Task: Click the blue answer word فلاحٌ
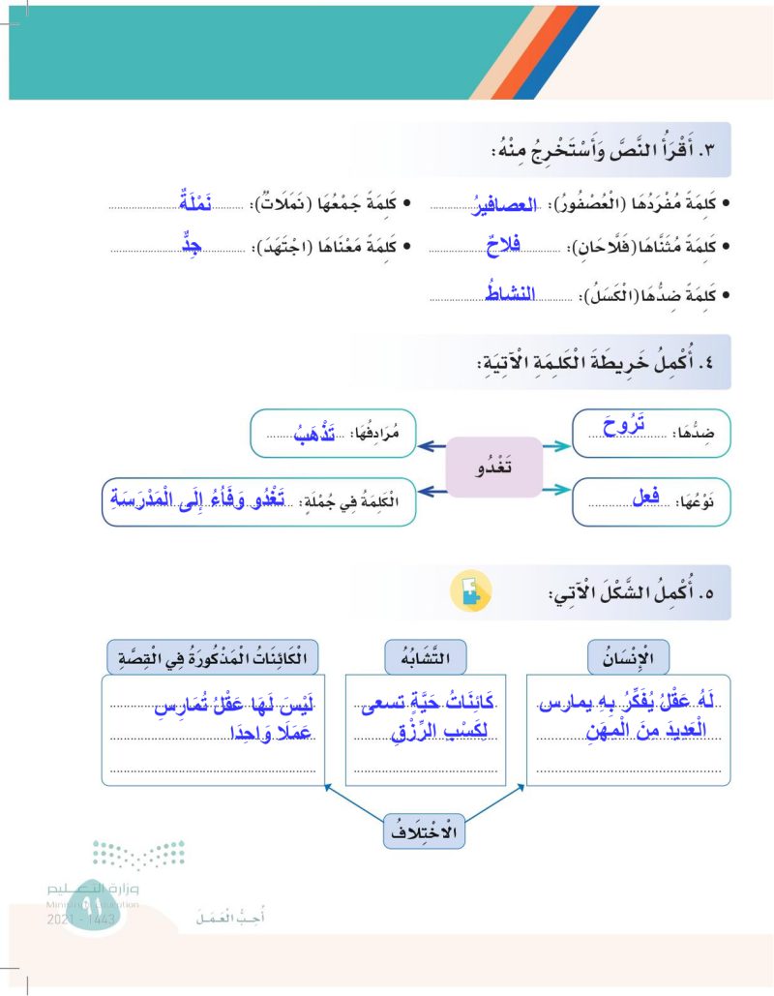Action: pyautogui.click(x=501, y=249)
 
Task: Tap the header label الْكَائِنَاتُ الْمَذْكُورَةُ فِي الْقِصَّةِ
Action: pyautogui.click(x=215, y=659)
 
